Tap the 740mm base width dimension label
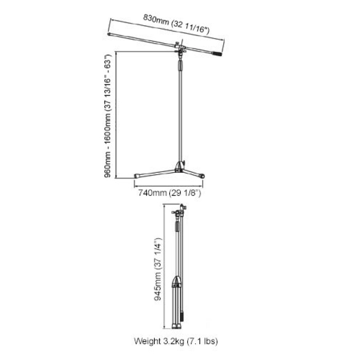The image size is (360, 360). pos(169,192)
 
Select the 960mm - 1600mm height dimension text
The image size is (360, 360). pos(107,116)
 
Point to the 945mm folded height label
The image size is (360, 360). pos(158,269)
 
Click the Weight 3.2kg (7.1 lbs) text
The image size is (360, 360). pos(176,341)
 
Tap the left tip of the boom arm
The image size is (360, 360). pos(109,34)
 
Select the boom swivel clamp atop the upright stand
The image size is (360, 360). pos(180,49)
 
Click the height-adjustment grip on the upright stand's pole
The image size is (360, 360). pos(181,66)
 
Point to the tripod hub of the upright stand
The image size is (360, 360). pos(179,167)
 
